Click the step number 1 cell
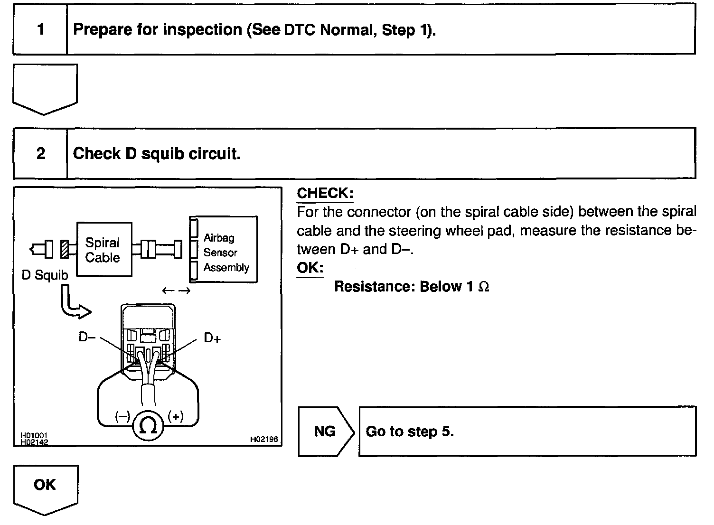[x=40, y=30]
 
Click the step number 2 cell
[x=40, y=153]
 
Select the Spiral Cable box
[x=103, y=250]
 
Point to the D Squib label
[x=45, y=275]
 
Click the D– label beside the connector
[x=87, y=337]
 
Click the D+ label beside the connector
[x=212, y=338]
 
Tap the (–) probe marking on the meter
[x=122, y=417]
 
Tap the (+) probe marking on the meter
[x=176, y=417]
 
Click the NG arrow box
[x=325, y=431]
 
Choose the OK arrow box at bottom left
[x=45, y=486]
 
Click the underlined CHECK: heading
[x=325, y=193]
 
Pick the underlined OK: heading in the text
[x=310, y=268]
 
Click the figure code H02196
[x=264, y=440]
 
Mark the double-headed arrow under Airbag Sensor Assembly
[x=176, y=291]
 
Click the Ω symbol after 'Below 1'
[x=484, y=287]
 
